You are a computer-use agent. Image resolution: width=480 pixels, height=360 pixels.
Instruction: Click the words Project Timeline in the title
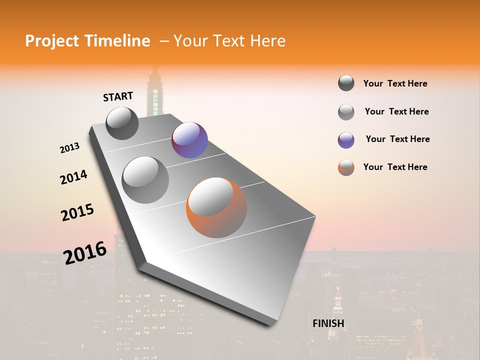pyautogui.click(x=87, y=41)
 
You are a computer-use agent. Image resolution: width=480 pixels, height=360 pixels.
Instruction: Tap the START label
pyautogui.click(x=118, y=96)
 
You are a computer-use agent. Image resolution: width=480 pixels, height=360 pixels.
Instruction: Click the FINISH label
pyautogui.click(x=328, y=323)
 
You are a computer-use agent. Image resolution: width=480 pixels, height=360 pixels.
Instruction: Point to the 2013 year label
pyautogui.click(x=70, y=148)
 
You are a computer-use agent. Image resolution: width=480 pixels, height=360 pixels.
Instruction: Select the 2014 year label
pyautogui.click(x=73, y=177)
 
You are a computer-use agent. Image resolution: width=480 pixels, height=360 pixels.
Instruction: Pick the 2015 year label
pyautogui.click(x=77, y=212)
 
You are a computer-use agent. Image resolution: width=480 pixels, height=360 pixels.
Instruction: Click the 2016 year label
pyautogui.click(x=85, y=253)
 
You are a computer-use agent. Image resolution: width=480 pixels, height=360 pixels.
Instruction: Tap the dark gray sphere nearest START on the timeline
pyautogui.click(x=122, y=123)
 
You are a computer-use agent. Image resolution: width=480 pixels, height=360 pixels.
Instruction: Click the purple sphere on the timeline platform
pyautogui.click(x=189, y=140)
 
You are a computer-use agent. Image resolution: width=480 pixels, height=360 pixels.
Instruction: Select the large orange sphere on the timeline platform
pyautogui.click(x=216, y=207)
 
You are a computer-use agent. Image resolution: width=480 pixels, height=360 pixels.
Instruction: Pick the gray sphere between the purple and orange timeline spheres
pyautogui.click(x=145, y=180)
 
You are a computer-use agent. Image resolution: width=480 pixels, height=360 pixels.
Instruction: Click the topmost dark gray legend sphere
pyautogui.click(x=346, y=83)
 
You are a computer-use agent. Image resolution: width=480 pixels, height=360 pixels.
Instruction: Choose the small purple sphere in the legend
pyautogui.click(x=346, y=140)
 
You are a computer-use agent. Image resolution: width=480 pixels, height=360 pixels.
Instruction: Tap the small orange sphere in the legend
pyautogui.click(x=346, y=167)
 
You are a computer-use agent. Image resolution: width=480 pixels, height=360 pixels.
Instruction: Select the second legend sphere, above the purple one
pyautogui.click(x=346, y=112)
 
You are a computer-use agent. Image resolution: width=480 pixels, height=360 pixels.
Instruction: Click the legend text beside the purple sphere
pyautogui.click(x=397, y=139)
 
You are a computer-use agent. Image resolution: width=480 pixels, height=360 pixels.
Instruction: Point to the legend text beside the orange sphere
pyautogui.click(x=395, y=167)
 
